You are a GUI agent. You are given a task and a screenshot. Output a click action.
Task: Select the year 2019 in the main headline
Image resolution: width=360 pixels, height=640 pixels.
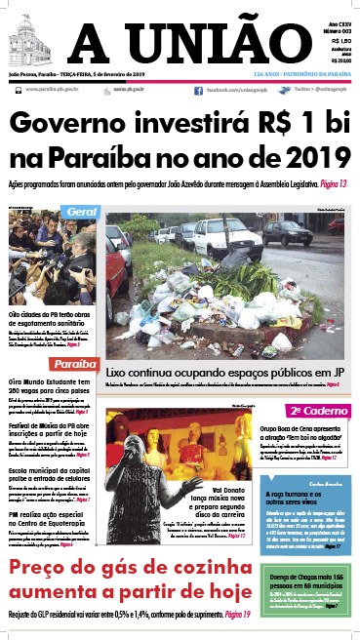pos(314,157)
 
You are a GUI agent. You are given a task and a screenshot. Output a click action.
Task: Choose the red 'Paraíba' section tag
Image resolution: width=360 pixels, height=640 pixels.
pos(75,364)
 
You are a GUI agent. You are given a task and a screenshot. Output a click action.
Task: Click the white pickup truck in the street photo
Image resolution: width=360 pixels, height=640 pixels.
pos(225,236)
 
